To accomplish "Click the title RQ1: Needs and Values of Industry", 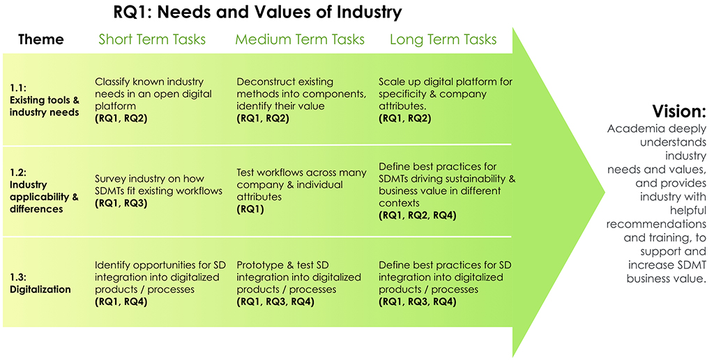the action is [257, 12].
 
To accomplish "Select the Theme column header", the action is [41, 39].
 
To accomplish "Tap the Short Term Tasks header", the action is [152, 39].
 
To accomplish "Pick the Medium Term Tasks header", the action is [300, 39].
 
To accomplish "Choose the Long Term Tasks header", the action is [443, 40].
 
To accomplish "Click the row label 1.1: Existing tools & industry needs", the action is [44, 100].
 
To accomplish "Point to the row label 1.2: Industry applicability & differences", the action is [44, 190].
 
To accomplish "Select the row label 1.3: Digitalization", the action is [40, 283].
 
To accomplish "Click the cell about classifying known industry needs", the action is [153, 100].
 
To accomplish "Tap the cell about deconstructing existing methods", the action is [301, 100].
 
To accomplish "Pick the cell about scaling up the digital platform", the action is [446, 100].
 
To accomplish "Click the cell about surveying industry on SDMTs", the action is [158, 190].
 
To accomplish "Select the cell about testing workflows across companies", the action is [301, 190].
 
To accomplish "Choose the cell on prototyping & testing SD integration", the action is [298, 283].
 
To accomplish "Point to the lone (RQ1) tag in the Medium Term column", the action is [250, 209].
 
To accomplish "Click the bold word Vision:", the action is [679, 111].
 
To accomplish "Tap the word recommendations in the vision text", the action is [656, 224].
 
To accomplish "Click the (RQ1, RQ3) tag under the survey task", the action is [121, 203].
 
